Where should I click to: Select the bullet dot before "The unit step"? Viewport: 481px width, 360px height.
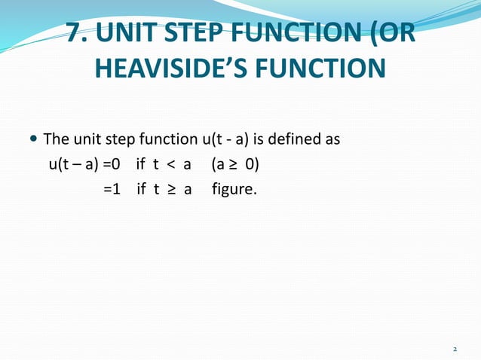[x=32, y=140]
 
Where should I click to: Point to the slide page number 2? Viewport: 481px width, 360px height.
[x=455, y=349]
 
